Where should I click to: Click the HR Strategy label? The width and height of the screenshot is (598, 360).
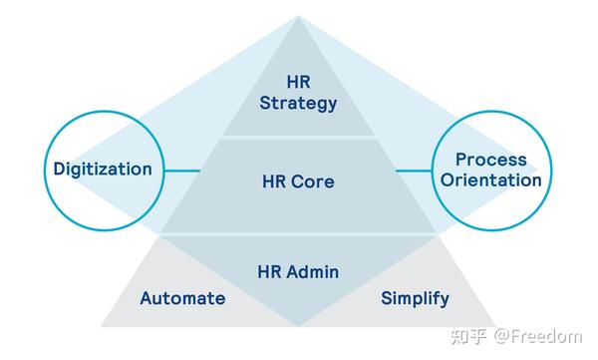[x=298, y=92]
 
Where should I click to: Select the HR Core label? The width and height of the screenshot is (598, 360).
[x=298, y=182]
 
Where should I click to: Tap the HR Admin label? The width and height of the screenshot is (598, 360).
[x=299, y=271]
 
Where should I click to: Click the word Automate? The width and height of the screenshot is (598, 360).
[x=182, y=298]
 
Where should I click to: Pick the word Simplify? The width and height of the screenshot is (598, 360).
[x=415, y=298]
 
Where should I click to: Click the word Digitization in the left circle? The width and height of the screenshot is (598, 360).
[x=103, y=169]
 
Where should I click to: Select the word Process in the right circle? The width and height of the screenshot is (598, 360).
[x=491, y=160]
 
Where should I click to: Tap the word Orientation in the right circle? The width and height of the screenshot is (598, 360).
[x=491, y=180]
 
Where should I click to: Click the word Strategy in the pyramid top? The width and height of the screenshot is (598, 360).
[x=298, y=102]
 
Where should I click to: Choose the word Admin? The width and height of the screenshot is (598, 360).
[x=315, y=271]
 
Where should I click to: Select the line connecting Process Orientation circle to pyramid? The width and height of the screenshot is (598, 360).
[x=414, y=170]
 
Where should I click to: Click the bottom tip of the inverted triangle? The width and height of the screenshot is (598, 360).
[x=299, y=327]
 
